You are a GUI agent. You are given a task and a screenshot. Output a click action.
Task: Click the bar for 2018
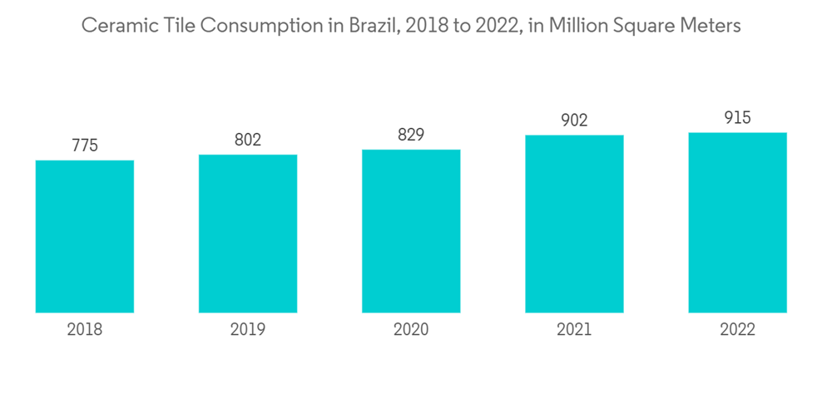click(x=85, y=236)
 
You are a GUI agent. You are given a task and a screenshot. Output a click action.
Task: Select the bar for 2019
click(x=248, y=234)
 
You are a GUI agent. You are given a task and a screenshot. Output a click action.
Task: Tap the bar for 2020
click(x=411, y=231)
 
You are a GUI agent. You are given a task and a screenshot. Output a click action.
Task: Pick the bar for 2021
click(x=574, y=224)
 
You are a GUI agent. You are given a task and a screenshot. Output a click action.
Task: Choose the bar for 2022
click(x=737, y=223)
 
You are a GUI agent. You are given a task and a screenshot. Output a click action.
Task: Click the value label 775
click(x=85, y=145)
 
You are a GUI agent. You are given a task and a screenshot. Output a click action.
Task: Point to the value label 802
click(x=248, y=140)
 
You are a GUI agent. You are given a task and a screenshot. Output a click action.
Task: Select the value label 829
click(x=411, y=135)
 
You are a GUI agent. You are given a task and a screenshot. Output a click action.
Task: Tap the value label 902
click(x=574, y=120)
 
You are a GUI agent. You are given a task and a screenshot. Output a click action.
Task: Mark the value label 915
click(x=737, y=118)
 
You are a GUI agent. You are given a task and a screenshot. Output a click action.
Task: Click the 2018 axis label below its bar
click(x=85, y=330)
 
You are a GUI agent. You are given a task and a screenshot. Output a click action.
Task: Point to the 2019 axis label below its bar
click(x=248, y=330)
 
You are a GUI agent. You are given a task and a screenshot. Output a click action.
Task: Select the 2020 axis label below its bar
click(x=411, y=330)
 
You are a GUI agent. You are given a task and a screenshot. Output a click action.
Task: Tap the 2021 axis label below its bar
click(x=574, y=330)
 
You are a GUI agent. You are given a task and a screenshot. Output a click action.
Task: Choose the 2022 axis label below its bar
click(x=737, y=330)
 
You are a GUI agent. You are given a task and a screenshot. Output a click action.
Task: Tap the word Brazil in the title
click(x=376, y=26)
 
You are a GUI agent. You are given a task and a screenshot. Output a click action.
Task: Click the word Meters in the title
click(x=711, y=26)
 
